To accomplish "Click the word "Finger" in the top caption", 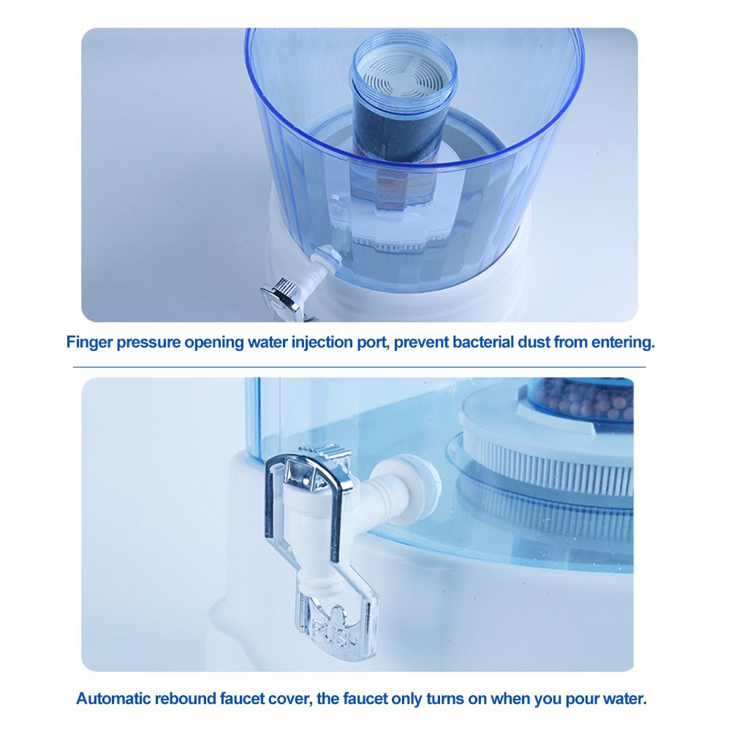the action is coord(89,343).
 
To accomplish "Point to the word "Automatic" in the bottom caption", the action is coord(113,699).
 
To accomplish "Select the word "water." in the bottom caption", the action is coord(622,699).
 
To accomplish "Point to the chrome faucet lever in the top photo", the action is coord(280,293).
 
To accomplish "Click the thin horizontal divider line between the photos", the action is coord(360,367).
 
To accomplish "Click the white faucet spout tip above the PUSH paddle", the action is coord(322,583).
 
